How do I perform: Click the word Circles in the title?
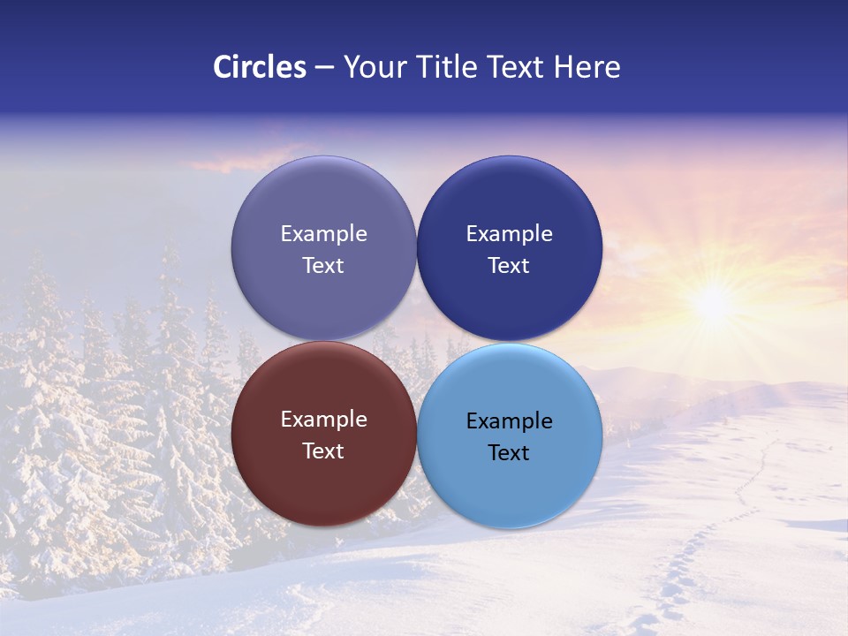click(260, 67)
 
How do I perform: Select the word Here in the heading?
click(587, 67)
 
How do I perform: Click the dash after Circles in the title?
click(324, 68)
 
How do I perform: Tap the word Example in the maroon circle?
click(323, 420)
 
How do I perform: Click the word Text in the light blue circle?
click(509, 453)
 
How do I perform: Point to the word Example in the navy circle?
click(509, 234)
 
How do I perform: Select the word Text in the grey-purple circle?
click(323, 266)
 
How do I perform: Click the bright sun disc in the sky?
click(712, 304)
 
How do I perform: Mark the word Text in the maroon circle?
click(323, 451)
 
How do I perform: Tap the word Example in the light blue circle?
click(509, 421)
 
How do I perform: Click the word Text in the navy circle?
click(509, 266)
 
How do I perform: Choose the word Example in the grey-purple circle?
click(323, 234)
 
